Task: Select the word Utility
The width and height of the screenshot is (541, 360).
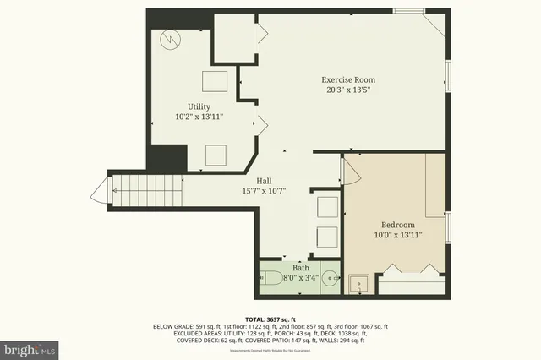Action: click(199, 106)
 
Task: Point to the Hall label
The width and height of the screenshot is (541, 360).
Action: click(252, 180)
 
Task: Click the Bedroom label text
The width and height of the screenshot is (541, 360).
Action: click(396, 224)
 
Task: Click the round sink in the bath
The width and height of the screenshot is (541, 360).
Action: click(330, 280)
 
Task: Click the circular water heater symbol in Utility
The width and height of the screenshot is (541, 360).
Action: click(170, 39)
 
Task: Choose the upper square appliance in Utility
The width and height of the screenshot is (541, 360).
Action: click(214, 81)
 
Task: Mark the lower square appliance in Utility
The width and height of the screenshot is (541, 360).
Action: click(216, 155)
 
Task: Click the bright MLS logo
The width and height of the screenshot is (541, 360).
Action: click(30, 347)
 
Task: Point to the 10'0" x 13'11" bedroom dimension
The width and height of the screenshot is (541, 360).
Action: click(396, 235)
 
